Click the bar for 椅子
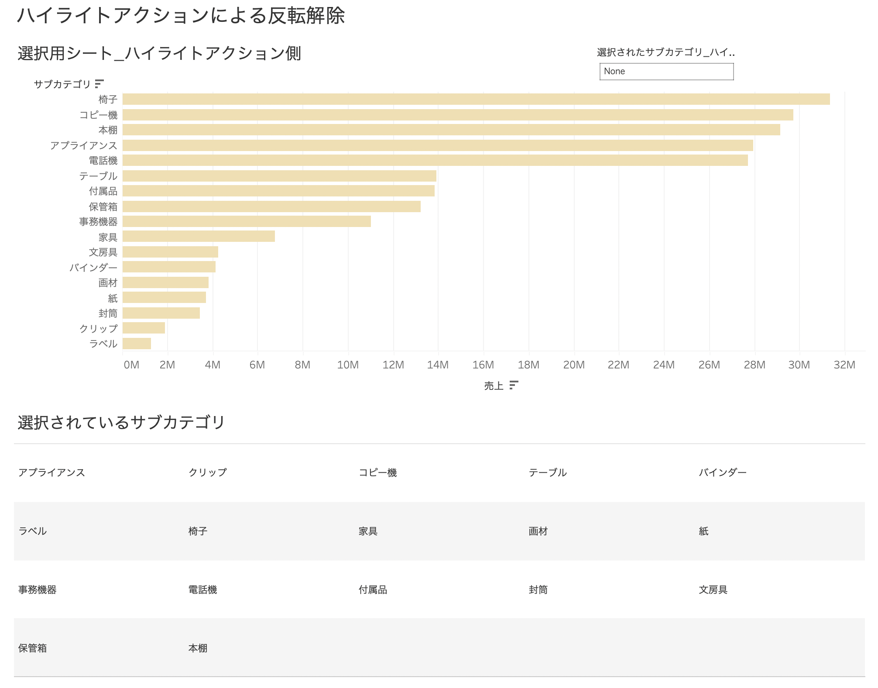point(476,99)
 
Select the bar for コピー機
point(457,115)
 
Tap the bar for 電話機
point(435,160)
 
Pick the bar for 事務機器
point(247,221)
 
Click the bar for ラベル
point(137,344)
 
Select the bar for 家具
point(199,237)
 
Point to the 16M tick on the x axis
point(483,365)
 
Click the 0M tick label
point(131,365)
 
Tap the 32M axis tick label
point(844,365)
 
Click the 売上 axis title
point(494,385)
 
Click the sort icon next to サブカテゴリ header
point(99,83)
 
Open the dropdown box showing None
point(666,72)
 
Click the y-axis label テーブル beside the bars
point(98,176)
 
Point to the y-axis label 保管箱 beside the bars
point(103,206)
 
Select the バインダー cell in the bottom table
point(723,472)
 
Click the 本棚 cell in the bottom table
point(198,648)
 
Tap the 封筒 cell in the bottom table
point(538,590)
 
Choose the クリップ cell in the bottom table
point(208,472)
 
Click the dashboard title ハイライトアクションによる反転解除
point(181,16)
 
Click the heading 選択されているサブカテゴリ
point(121,422)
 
